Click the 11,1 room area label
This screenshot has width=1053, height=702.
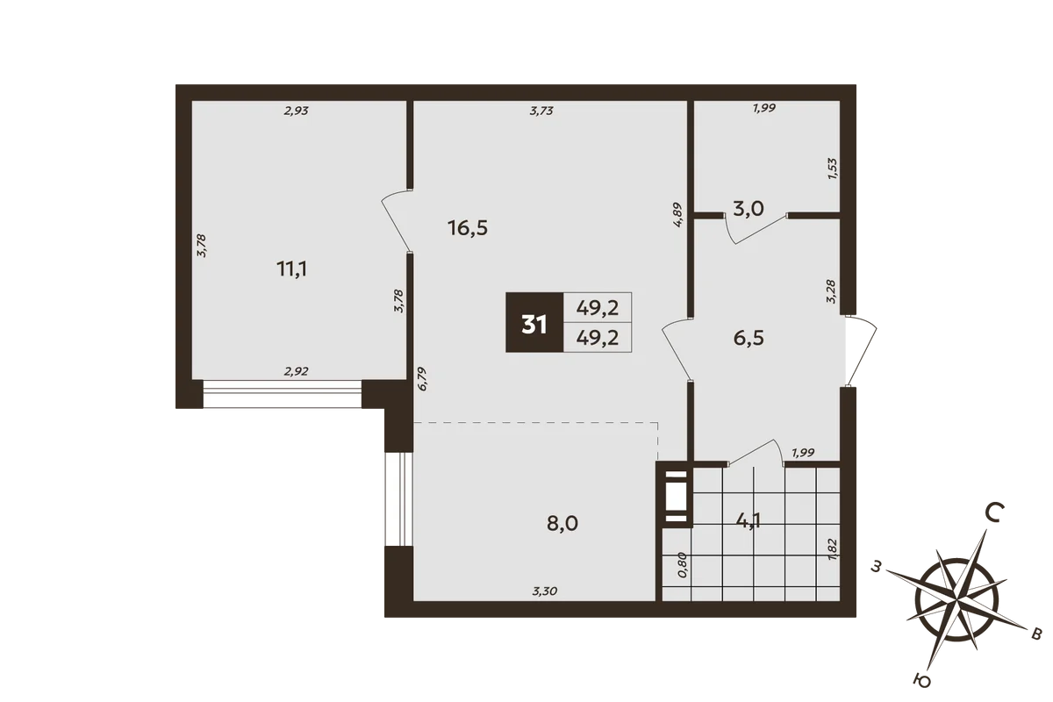tap(292, 269)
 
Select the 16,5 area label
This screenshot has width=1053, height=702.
tap(468, 228)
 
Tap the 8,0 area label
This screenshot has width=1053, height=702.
tap(562, 523)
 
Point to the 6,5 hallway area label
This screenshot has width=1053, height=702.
tap(749, 338)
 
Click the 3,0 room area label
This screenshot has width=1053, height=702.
tap(749, 208)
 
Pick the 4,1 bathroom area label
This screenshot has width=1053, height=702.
tap(749, 521)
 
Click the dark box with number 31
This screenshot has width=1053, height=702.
tap(534, 322)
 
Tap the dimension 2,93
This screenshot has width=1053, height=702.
tap(297, 111)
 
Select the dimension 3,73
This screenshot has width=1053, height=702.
tap(541, 111)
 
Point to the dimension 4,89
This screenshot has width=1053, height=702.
tap(677, 215)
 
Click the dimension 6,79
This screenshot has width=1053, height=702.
tap(422, 379)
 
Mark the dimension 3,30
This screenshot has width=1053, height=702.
tap(544, 591)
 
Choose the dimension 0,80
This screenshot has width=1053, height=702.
tap(683, 565)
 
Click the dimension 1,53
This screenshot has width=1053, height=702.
tap(833, 168)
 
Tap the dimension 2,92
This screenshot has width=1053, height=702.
tap(297, 371)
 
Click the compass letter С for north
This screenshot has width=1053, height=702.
tap(994, 512)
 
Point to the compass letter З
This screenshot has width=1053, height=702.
tap(875, 567)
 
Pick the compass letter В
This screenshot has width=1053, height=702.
tap(1036, 634)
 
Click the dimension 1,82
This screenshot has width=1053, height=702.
tap(833, 548)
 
